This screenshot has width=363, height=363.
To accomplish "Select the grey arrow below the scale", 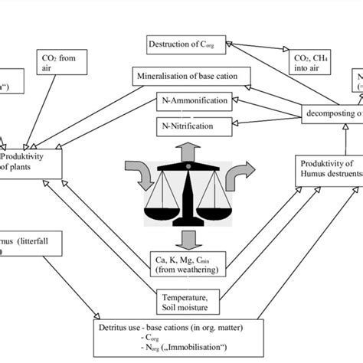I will pos(185,239).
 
